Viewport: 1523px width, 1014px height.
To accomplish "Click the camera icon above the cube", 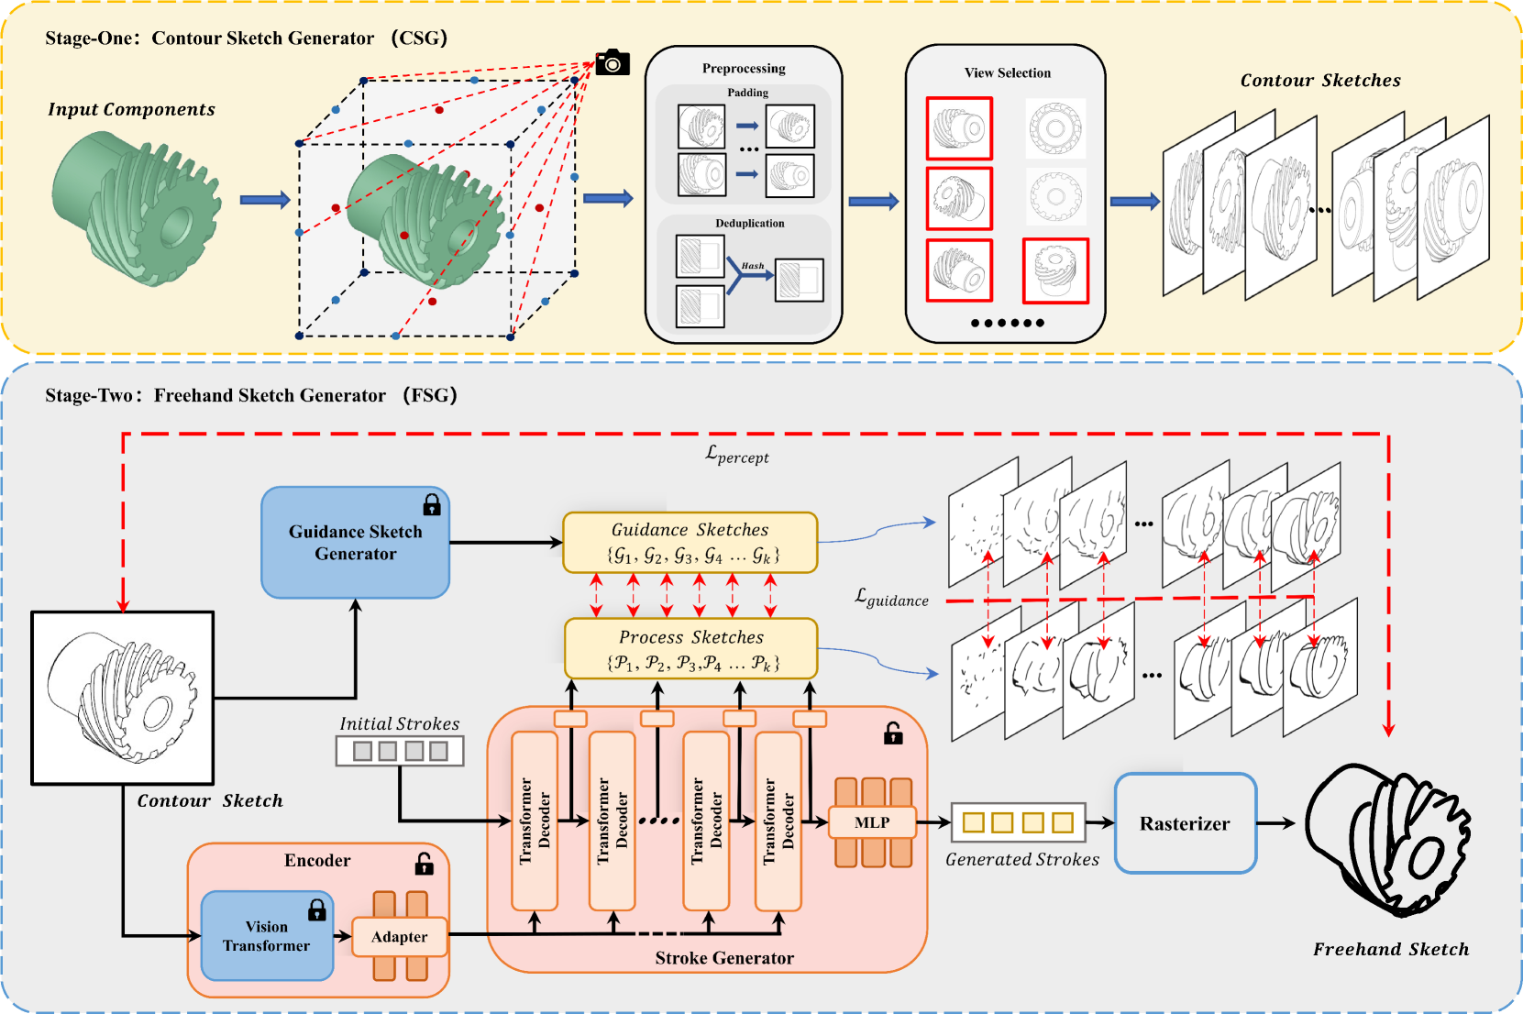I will tap(612, 62).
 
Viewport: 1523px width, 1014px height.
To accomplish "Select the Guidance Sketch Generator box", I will tap(355, 543).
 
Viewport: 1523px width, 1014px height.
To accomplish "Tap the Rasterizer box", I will tap(1185, 823).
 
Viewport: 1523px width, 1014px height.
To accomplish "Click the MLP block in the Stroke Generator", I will tap(871, 822).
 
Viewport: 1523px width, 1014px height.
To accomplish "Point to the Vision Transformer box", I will tap(266, 936).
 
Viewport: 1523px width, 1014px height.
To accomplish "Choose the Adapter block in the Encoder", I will tap(399, 937).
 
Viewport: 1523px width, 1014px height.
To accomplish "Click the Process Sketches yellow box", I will tap(690, 648).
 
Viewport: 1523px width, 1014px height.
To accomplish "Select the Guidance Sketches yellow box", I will tap(690, 542).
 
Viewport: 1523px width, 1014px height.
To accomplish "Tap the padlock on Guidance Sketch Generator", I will tap(432, 504).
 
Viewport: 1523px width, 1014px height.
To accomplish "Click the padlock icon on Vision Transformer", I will tap(317, 909).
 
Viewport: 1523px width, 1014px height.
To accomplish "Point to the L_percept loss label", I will tap(737, 454).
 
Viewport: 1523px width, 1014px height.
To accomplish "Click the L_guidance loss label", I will tap(891, 599).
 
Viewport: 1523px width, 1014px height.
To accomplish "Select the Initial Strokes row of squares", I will tap(400, 751).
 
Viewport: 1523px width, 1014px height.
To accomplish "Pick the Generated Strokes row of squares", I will tap(1018, 822).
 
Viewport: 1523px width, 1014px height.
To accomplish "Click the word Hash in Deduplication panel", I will tap(753, 266).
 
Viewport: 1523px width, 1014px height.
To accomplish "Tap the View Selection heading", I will tap(1007, 73).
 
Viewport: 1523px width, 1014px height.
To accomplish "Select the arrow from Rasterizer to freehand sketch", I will tap(1275, 823).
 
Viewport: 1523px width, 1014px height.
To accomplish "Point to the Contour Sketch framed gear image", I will tap(123, 698).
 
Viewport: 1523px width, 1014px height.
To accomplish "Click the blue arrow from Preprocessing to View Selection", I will tap(873, 202).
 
